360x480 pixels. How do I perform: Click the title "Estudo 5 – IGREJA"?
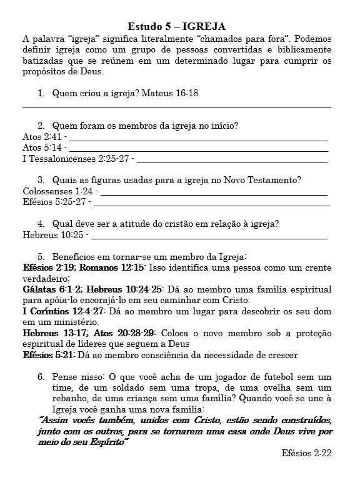(176, 26)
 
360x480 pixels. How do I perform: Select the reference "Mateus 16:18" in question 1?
(170, 93)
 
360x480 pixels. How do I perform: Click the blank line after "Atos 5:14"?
(199, 149)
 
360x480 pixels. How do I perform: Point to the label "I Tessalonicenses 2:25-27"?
(76, 159)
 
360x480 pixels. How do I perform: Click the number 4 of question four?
(41, 224)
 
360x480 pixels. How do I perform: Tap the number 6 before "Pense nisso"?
(41, 377)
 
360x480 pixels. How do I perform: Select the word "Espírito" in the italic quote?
(104, 442)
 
